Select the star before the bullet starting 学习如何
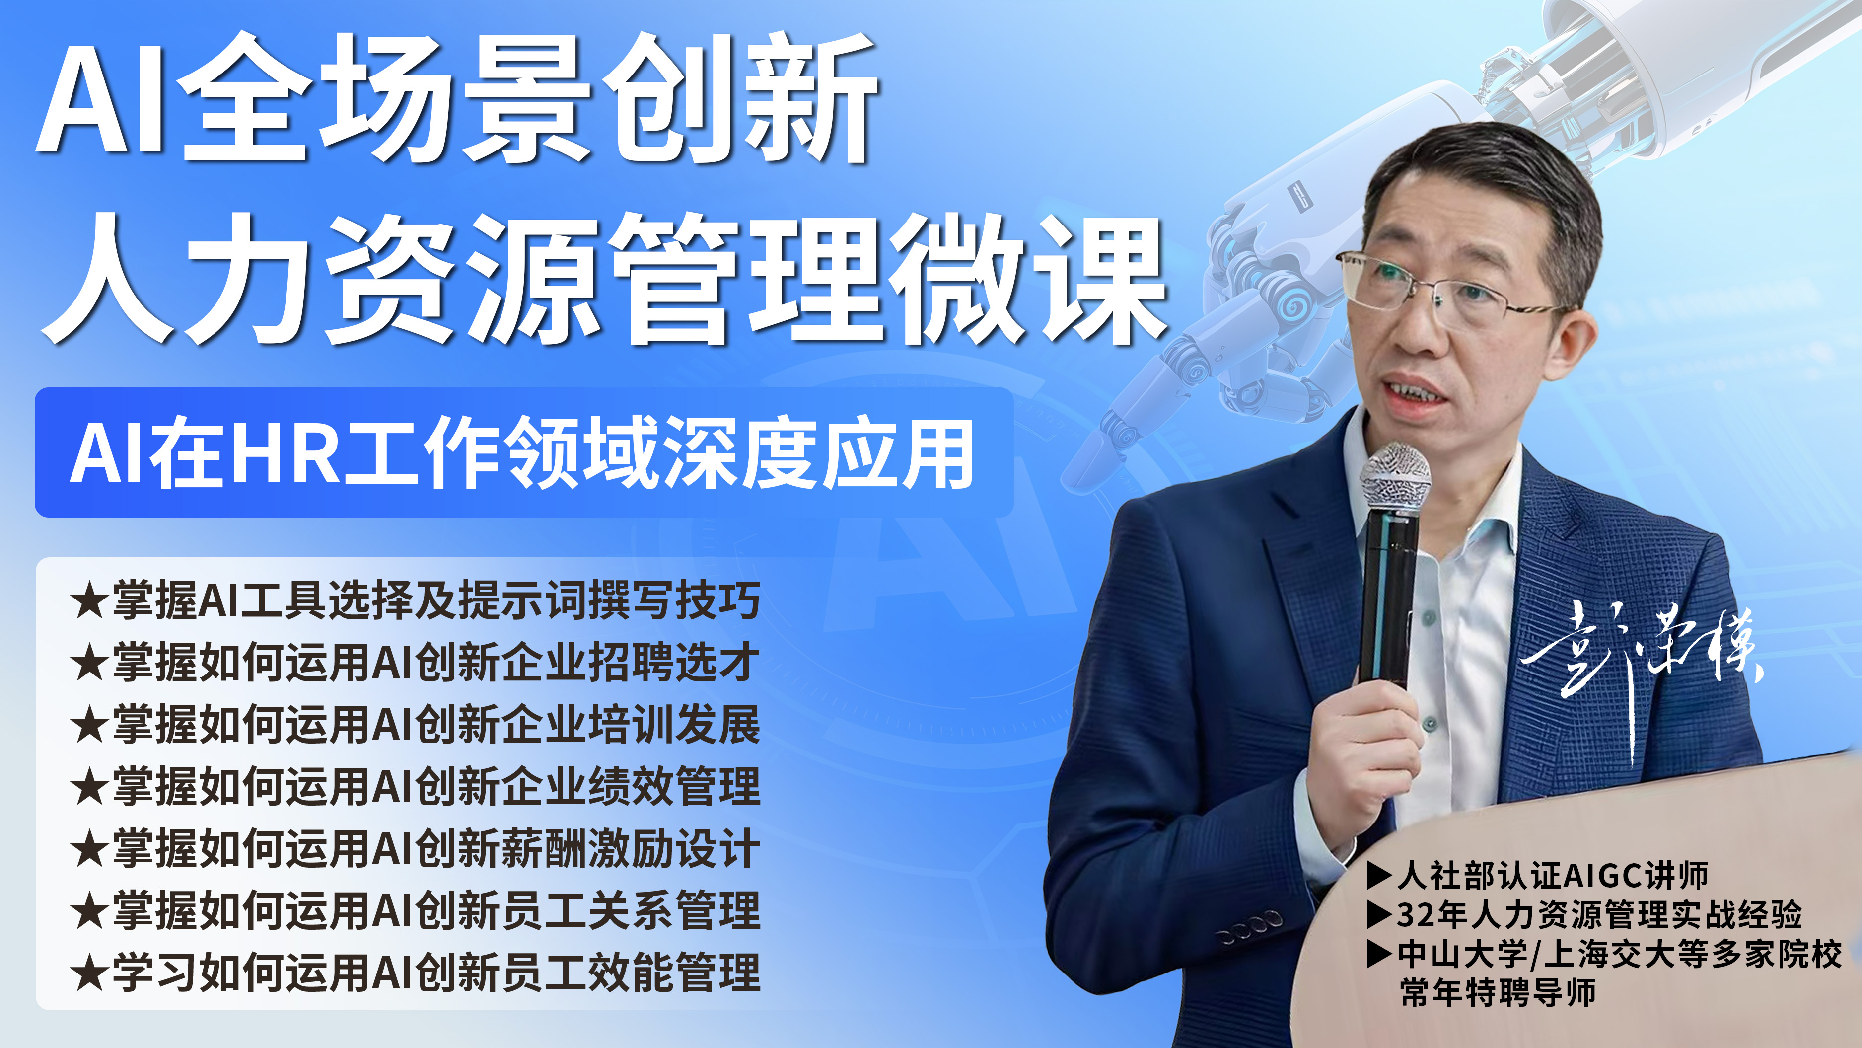(89, 973)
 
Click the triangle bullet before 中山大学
(1379, 954)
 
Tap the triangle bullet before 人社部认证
(1379, 875)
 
